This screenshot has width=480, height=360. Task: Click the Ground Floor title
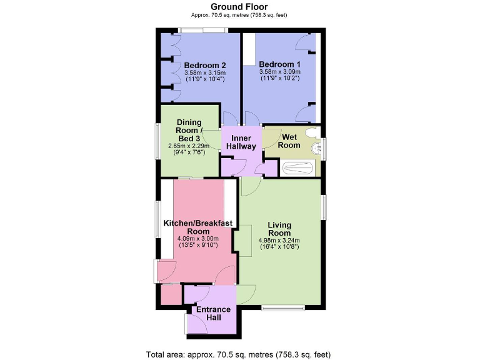[x=240, y=7]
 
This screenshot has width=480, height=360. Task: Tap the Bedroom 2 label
[x=204, y=65]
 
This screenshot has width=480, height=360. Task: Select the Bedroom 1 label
[x=279, y=64]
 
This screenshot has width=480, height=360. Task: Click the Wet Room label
[x=289, y=141]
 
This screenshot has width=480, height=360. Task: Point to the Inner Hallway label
[x=241, y=142]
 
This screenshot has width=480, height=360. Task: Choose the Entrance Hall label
[x=213, y=313]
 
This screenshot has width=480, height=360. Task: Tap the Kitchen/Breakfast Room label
[x=197, y=227]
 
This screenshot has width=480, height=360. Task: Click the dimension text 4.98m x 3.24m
[x=279, y=239]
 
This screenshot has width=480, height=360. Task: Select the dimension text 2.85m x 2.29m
[x=189, y=146]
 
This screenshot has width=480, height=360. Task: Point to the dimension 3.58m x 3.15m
[x=204, y=73]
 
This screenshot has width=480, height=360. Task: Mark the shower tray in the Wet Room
[x=300, y=167]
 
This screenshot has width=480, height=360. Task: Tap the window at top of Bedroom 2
[x=202, y=30]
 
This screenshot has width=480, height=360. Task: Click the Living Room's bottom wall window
[x=283, y=307]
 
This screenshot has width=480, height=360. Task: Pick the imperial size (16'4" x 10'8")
[x=279, y=246]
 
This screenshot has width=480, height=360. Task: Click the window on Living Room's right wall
[x=324, y=207]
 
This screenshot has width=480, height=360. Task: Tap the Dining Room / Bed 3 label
[x=189, y=130]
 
